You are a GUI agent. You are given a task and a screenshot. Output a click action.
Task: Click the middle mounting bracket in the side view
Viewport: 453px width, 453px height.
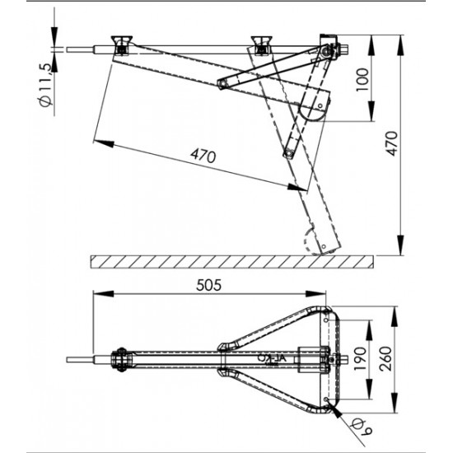pos(262,43)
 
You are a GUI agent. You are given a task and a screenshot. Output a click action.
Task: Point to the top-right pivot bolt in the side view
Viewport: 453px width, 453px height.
pos(327,53)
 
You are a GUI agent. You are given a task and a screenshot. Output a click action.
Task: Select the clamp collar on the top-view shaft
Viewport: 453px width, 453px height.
pos(120,360)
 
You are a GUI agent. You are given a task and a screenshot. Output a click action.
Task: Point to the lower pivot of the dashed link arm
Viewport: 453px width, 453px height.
pos(288,151)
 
